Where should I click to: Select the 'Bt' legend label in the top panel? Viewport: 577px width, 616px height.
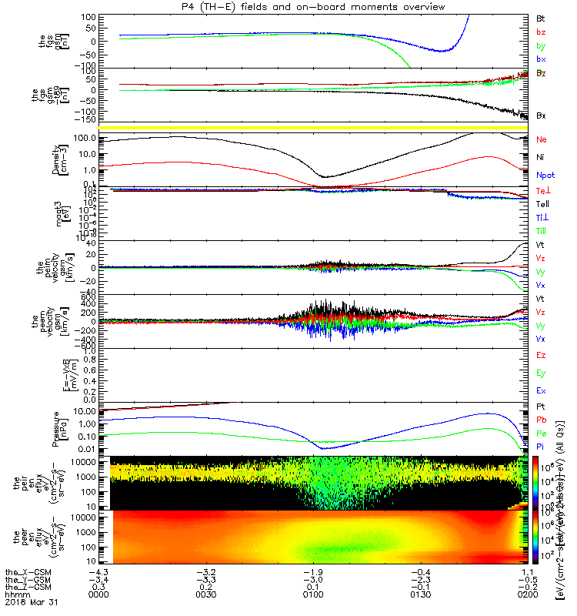pos(541,18)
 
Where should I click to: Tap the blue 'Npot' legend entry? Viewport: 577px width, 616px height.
pos(544,176)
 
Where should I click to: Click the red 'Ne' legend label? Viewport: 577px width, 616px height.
pos(542,139)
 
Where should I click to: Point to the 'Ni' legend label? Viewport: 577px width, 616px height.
pos(541,157)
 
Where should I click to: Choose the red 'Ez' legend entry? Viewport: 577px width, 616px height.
pos(541,356)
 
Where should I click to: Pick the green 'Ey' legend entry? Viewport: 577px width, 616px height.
pos(541,373)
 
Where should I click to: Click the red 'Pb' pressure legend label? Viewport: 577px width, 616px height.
pos(542,420)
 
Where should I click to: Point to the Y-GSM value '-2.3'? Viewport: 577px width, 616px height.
pos(419,579)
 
